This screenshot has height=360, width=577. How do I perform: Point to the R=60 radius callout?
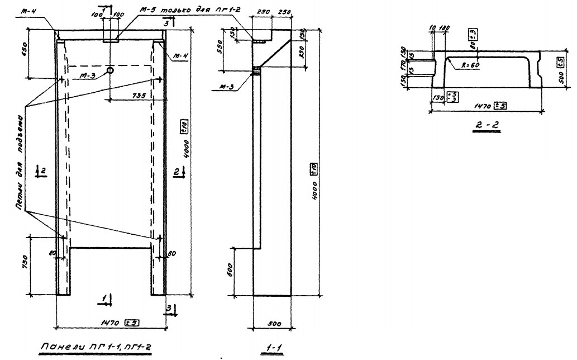[x=470, y=64]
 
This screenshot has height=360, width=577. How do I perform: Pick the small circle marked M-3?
[x=110, y=70]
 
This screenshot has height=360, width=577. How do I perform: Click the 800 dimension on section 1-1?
[x=229, y=272]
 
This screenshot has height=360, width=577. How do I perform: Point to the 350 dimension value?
[x=303, y=54]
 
